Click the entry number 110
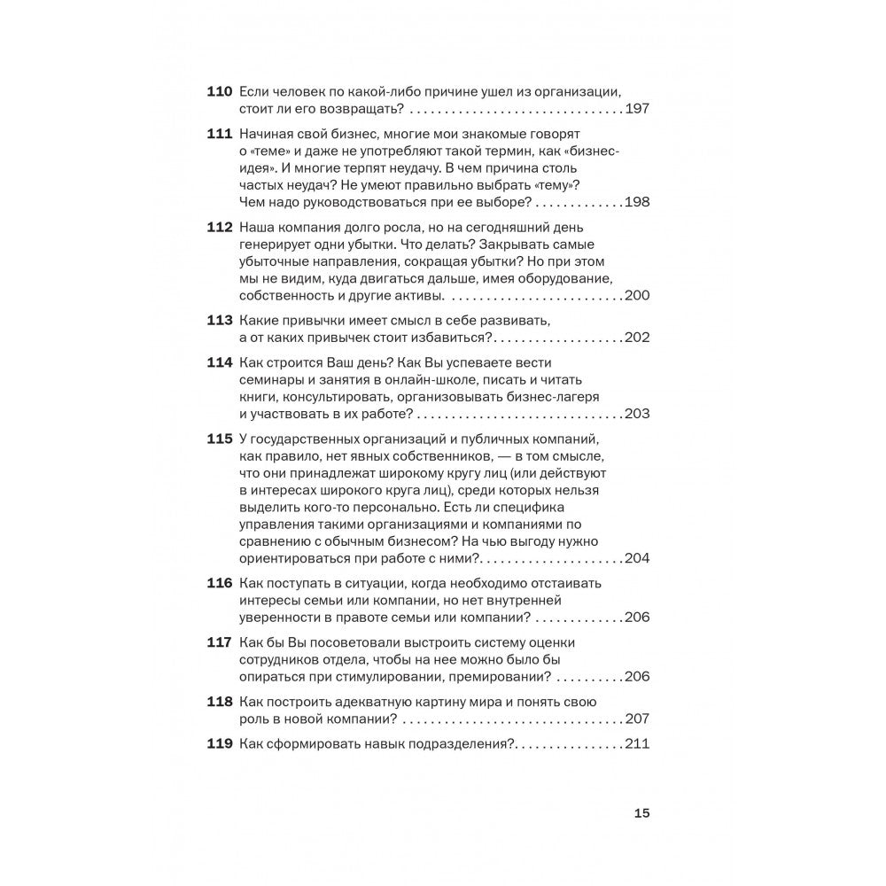[x=219, y=92]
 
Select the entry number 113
[x=219, y=320]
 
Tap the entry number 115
[x=219, y=441]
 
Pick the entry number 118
[x=219, y=703]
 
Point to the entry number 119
[x=219, y=744]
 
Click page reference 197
[x=637, y=110]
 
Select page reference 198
[x=637, y=202]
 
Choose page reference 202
[x=637, y=338]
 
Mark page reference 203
[x=637, y=414]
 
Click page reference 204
[x=637, y=558]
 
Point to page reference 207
[x=637, y=719]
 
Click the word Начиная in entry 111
[x=268, y=134]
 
